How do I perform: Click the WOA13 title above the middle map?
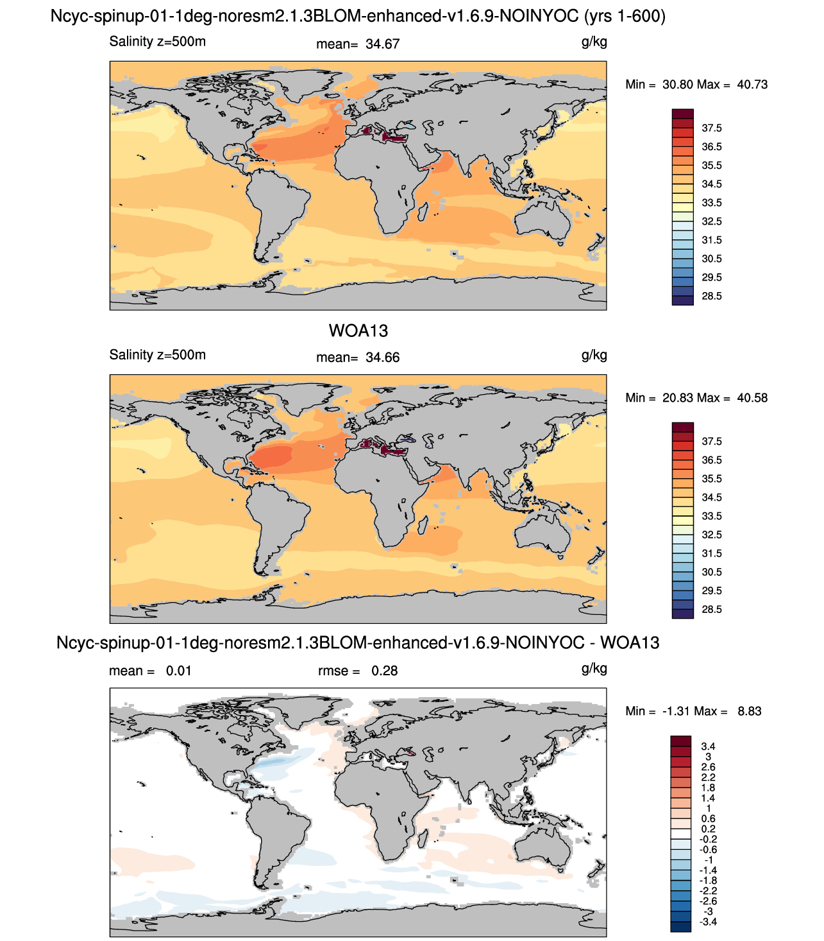[x=358, y=331]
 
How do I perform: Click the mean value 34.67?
[x=382, y=44]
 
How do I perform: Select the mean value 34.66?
[x=382, y=358]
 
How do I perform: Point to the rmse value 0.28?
[x=384, y=671]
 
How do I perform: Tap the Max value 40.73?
[x=752, y=85]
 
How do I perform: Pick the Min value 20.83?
[x=677, y=398]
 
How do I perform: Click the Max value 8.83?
[x=750, y=711]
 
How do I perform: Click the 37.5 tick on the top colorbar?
[x=712, y=128]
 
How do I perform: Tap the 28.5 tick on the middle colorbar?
[x=712, y=609]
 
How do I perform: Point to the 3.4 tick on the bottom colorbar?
[x=708, y=747]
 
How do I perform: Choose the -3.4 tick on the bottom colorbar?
[x=708, y=922]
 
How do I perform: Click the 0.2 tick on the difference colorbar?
[x=708, y=829]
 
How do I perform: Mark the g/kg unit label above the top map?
[x=594, y=42]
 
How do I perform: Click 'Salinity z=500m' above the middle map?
[x=157, y=355]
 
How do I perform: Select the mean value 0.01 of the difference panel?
[x=179, y=671]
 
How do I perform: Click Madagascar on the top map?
[x=423, y=212]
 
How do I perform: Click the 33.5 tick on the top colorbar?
[x=712, y=203]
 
